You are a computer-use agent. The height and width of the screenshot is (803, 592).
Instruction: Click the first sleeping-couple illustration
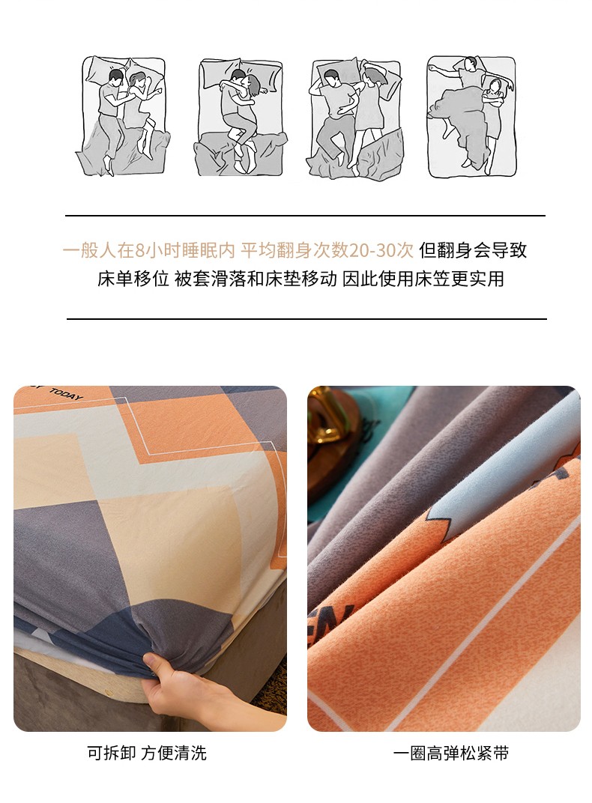coord(123,116)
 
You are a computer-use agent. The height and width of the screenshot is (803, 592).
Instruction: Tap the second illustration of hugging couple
coord(241,118)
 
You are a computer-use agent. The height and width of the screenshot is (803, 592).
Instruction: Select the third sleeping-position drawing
coord(357,119)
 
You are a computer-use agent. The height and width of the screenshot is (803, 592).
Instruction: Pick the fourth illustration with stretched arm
coord(471,117)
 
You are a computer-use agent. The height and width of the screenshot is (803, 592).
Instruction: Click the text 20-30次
coord(381,250)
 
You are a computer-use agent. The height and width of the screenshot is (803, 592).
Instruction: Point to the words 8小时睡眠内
coord(185,250)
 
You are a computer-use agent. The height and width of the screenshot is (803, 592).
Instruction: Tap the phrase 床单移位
coord(133,279)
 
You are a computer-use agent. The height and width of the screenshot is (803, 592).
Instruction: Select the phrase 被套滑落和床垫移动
coord(256,279)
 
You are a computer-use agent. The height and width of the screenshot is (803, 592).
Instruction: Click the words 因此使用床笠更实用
coord(423,279)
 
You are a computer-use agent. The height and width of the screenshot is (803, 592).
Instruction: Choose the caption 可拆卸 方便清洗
coord(147,754)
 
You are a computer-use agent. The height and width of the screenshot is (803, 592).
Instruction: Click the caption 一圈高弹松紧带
coord(450,754)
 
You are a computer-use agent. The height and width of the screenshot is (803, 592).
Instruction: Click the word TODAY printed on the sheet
coord(65,395)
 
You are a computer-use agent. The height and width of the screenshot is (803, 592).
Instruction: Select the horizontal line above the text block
coord(305,216)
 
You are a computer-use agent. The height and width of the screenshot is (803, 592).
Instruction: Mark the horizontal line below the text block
coord(306,319)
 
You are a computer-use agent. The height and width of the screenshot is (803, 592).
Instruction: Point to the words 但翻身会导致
coord(473,250)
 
